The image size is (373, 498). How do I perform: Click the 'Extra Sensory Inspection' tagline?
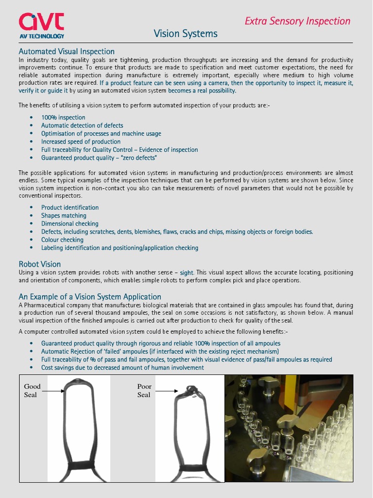[297, 21]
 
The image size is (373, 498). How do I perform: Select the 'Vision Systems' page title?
[186, 34]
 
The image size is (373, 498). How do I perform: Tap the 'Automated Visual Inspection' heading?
[67, 52]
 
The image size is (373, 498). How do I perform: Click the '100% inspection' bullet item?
[63, 117]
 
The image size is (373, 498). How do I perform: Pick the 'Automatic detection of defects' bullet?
[82, 125]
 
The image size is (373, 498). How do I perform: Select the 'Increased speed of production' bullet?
[81, 142]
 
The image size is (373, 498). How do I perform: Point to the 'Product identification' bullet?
[70, 207]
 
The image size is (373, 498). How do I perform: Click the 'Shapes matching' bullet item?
[64, 215]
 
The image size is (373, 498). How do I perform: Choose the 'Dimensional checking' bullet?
[70, 224]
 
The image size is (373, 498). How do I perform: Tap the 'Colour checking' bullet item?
[62, 240]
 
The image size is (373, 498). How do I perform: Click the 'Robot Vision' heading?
[40, 265]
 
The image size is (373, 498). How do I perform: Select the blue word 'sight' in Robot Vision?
[186, 273]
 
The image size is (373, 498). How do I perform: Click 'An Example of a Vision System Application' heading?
[90, 297]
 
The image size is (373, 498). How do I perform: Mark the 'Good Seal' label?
[33, 391]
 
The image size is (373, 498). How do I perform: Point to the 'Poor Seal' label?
[144, 391]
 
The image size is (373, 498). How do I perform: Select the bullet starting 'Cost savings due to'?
[122, 368]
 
